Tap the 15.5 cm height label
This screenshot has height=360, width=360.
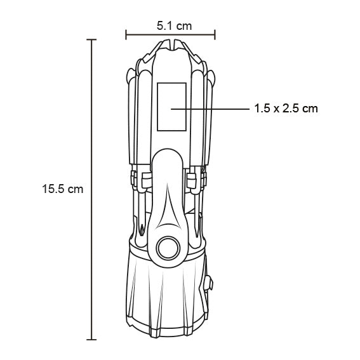[62, 189]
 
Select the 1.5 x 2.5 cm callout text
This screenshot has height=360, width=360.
[285, 109]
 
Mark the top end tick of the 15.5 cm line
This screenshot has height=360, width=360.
[91, 40]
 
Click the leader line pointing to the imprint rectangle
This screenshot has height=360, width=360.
[210, 109]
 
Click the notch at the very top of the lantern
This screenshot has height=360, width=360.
[170, 44]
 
